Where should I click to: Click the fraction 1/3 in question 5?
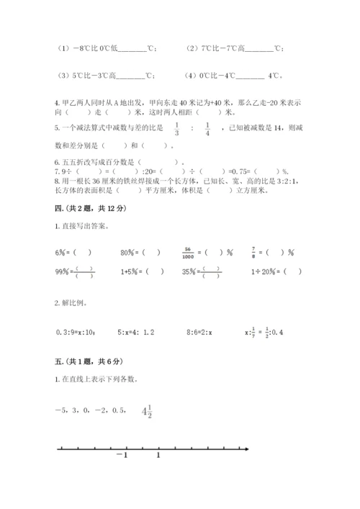[176, 128]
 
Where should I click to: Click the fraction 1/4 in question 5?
[207, 128]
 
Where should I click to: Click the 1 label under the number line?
[158, 456]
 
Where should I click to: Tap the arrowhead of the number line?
[247, 450]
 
